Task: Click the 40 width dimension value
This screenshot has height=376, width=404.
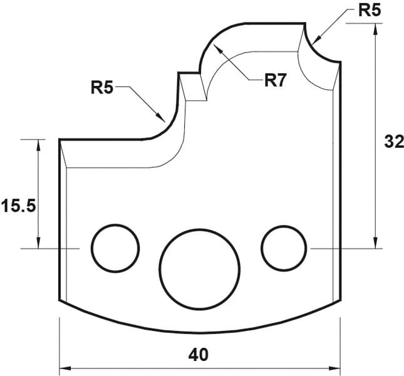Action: [198, 355]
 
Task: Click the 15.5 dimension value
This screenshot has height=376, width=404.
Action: [19, 206]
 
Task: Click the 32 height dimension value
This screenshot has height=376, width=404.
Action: [394, 142]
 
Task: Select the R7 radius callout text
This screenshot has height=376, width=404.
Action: [275, 80]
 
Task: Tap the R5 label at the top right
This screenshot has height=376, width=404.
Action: [370, 10]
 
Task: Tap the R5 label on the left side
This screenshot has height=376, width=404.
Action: [102, 87]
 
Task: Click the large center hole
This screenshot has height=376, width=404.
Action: [200, 269]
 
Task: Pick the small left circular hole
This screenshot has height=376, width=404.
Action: [115, 248]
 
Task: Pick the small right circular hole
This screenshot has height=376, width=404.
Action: [284, 248]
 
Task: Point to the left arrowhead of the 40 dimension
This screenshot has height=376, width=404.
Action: [65, 368]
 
